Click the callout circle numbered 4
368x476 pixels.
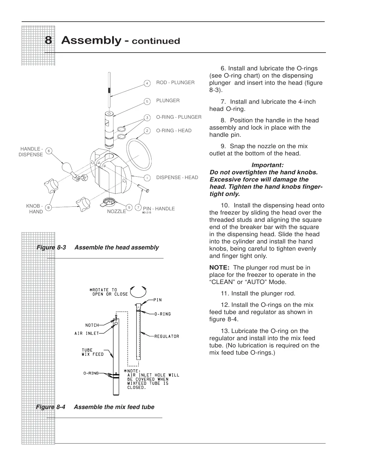[147, 83]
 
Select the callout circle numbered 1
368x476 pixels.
[147, 178]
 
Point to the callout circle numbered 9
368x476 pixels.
[129, 207]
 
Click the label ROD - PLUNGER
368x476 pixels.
[175, 83]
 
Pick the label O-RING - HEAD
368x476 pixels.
[174, 131]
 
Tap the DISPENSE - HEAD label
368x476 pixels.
[177, 178]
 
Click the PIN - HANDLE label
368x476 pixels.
[159, 209]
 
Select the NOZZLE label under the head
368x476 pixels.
[116, 212]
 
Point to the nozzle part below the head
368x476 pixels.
[109, 202]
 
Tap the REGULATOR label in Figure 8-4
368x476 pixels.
[167, 336]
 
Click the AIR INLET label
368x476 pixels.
[87, 333]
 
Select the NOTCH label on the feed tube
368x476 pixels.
[92, 325]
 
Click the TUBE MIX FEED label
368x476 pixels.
[93, 352]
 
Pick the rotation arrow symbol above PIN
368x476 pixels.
[138, 291]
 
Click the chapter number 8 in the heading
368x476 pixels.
[48, 40]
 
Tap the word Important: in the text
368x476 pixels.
[267, 165]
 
